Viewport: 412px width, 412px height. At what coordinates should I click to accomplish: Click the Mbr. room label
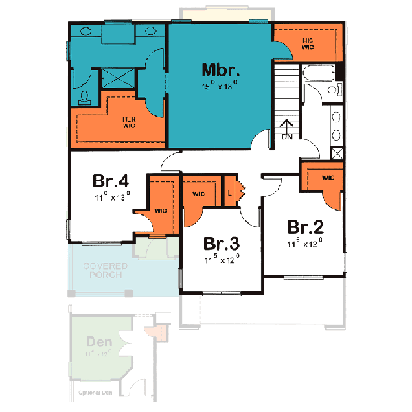point(220,70)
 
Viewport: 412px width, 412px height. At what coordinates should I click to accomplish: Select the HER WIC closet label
point(128,121)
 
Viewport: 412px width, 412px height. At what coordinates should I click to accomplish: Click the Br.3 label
point(221,244)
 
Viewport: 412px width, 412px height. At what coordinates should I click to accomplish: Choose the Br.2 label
point(305,227)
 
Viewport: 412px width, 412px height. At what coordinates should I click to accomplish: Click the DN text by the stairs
point(287,137)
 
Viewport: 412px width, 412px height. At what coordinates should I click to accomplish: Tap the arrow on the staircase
point(287,125)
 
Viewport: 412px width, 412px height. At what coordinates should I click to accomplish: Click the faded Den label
point(100,341)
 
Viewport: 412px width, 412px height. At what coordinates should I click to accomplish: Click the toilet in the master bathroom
point(83,97)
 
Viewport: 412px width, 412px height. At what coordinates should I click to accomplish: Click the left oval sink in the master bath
point(89,31)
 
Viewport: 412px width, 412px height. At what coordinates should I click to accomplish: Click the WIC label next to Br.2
point(328,178)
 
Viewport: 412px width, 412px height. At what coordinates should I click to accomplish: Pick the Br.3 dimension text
point(220,260)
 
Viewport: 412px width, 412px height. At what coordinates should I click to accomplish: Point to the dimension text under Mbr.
point(219,86)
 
